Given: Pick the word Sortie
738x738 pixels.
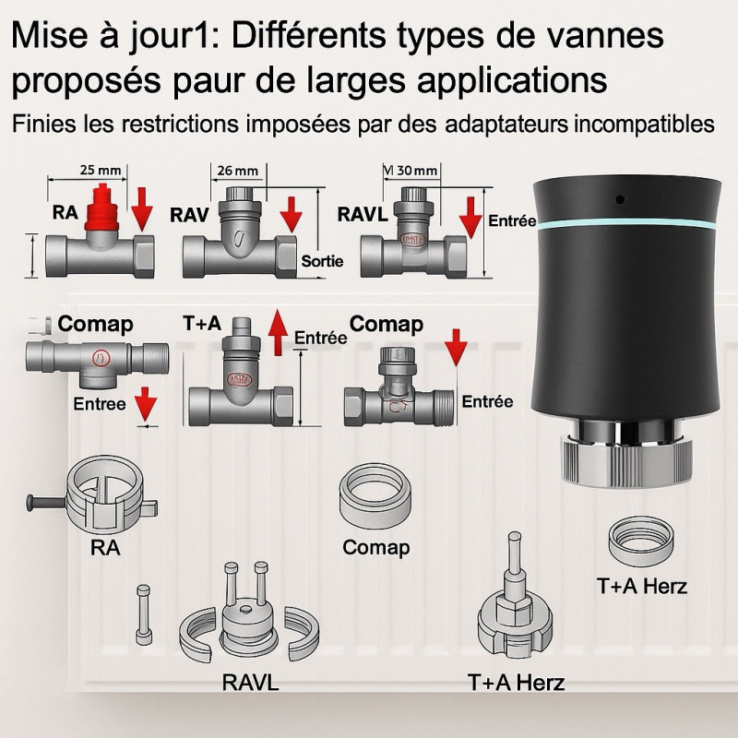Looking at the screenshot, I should coord(322,262).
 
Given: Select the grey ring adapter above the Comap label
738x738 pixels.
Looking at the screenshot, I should coord(375,495).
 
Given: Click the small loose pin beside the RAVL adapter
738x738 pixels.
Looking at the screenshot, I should coord(142,615).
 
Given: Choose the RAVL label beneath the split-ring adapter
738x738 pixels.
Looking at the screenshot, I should coord(250,684).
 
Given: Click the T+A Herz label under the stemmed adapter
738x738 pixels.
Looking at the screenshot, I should coord(516,684).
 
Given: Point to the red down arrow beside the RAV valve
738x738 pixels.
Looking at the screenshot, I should coord(292,214).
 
